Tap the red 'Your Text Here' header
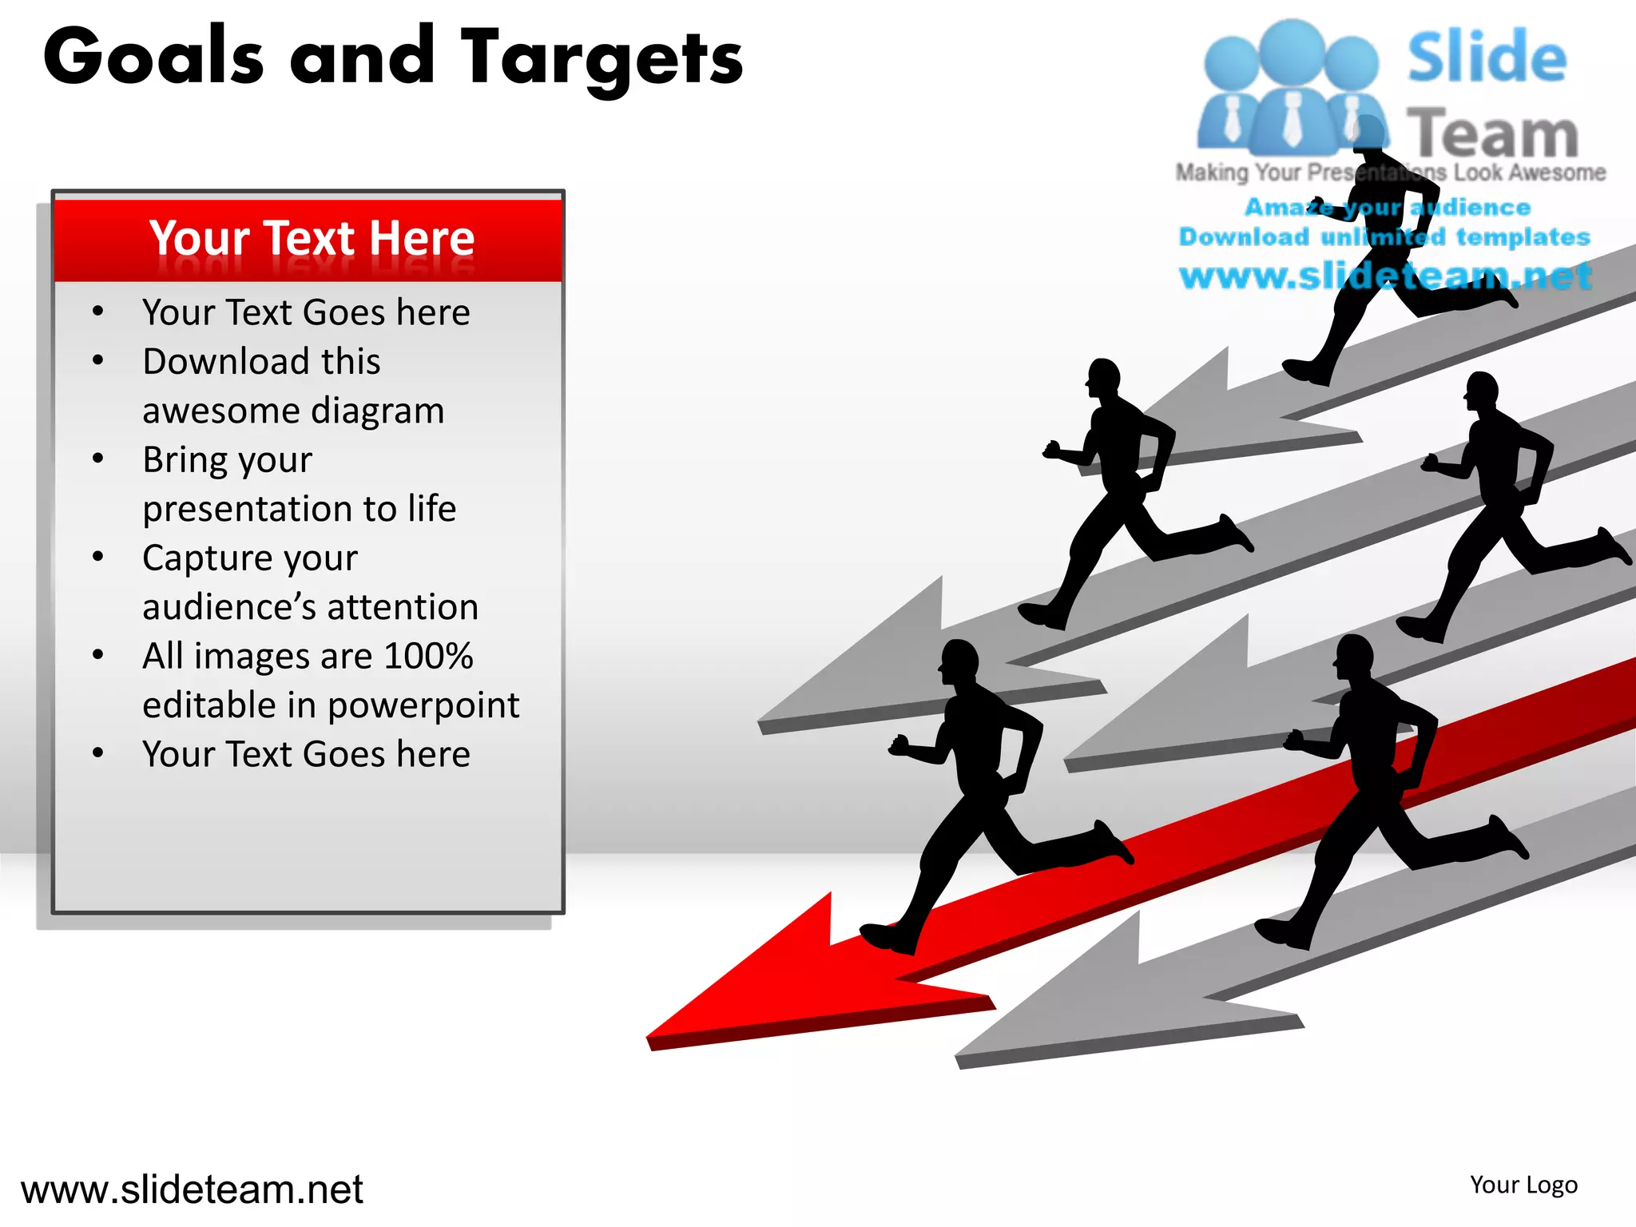(x=312, y=238)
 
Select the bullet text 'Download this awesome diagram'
(x=292, y=385)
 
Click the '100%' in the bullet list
(x=428, y=656)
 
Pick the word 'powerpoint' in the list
(x=423, y=705)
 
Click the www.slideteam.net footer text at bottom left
(x=192, y=1189)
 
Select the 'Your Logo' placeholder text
(x=1523, y=1185)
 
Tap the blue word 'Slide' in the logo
(x=1486, y=58)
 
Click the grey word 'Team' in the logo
(x=1492, y=134)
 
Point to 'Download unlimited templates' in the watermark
(x=1384, y=237)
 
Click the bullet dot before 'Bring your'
(x=98, y=459)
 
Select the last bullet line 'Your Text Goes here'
(x=306, y=754)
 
